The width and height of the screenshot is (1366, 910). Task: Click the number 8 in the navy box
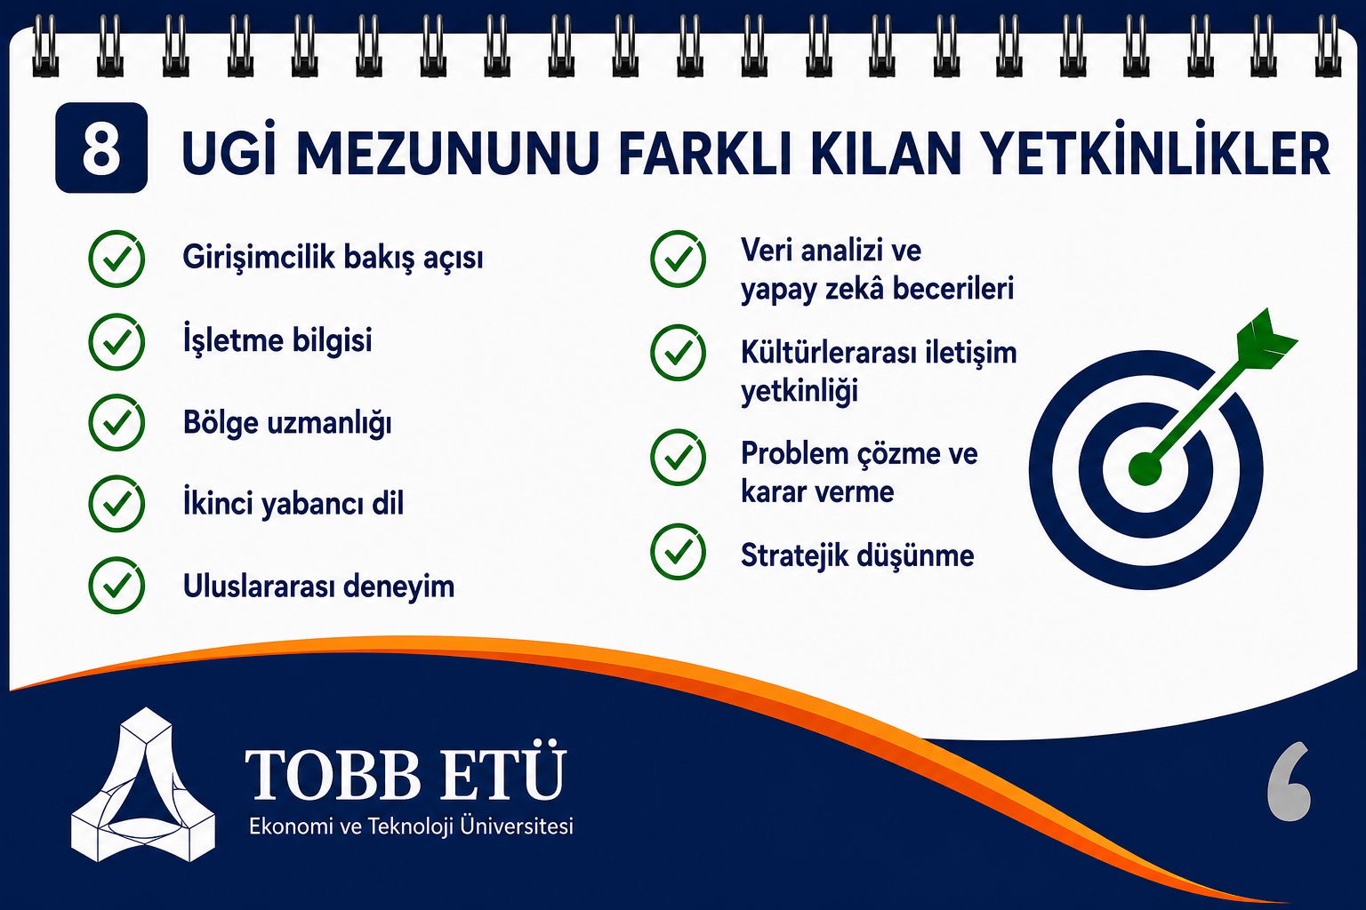(x=101, y=148)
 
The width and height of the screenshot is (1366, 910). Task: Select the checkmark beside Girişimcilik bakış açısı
(x=117, y=259)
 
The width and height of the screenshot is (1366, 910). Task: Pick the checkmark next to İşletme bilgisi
(x=117, y=342)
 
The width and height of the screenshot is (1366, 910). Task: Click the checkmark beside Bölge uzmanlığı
(x=117, y=423)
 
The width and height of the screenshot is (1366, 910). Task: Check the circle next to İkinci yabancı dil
(x=117, y=504)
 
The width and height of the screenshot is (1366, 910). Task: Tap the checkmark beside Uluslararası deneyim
(x=117, y=585)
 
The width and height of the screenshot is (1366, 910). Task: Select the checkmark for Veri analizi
(x=679, y=259)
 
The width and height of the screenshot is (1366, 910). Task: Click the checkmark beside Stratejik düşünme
(x=679, y=552)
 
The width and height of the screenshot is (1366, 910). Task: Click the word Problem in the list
(x=786, y=454)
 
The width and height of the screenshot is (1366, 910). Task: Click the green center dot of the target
(x=1145, y=470)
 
